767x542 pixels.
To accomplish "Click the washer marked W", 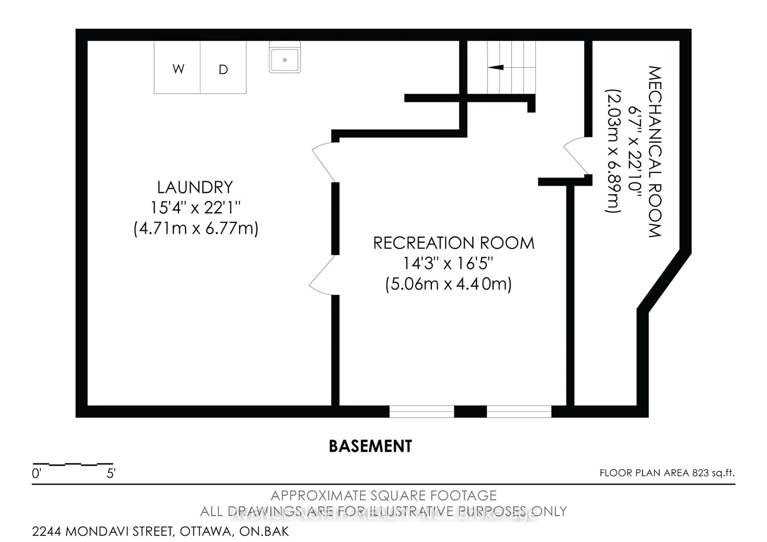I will [x=178, y=69].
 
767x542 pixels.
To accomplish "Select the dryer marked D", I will [x=223, y=69].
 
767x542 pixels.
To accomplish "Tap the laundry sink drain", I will [x=285, y=60].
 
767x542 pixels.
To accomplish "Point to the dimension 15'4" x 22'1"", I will [x=195, y=208].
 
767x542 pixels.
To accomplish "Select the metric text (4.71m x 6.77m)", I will [x=196, y=228].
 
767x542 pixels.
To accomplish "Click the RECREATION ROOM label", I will [x=453, y=243].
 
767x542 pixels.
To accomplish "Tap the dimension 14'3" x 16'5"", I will [x=448, y=263].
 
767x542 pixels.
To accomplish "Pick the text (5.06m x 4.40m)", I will [x=448, y=284].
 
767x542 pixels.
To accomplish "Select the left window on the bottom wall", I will [x=422, y=411].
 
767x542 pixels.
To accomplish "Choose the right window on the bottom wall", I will [x=519, y=411].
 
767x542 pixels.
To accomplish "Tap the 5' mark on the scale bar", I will [x=111, y=473].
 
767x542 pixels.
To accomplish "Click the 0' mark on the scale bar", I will [x=36, y=473].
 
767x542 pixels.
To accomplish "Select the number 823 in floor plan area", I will [x=700, y=473].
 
